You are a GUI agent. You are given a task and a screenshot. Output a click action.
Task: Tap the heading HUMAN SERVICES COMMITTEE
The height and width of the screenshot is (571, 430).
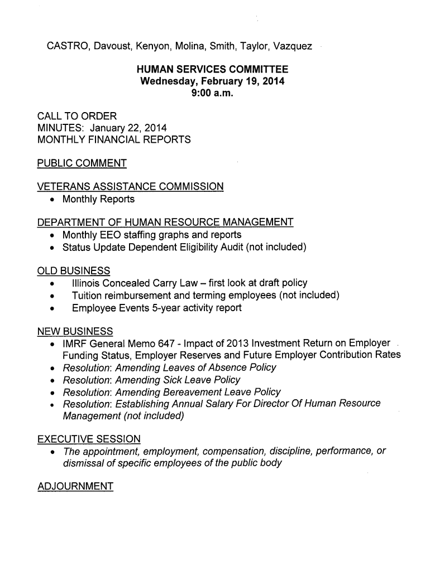tap(213, 70)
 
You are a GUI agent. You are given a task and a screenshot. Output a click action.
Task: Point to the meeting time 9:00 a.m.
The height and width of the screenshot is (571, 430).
tap(212, 93)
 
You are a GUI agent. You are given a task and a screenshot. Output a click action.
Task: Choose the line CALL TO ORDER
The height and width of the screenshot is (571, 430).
tap(77, 116)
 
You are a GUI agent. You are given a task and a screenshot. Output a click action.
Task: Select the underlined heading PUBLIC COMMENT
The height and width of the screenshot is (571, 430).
tap(82, 163)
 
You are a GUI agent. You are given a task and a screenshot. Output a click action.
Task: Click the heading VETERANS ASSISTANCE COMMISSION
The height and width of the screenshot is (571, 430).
tap(130, 187)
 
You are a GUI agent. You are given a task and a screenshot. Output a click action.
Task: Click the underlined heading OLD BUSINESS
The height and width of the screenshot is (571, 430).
tap(73, 271)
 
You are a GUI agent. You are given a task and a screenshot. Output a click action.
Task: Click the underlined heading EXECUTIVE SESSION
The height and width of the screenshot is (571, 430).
tap(88, 439)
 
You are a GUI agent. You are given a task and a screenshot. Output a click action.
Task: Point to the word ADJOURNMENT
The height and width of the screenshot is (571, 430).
tap(75, 487)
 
